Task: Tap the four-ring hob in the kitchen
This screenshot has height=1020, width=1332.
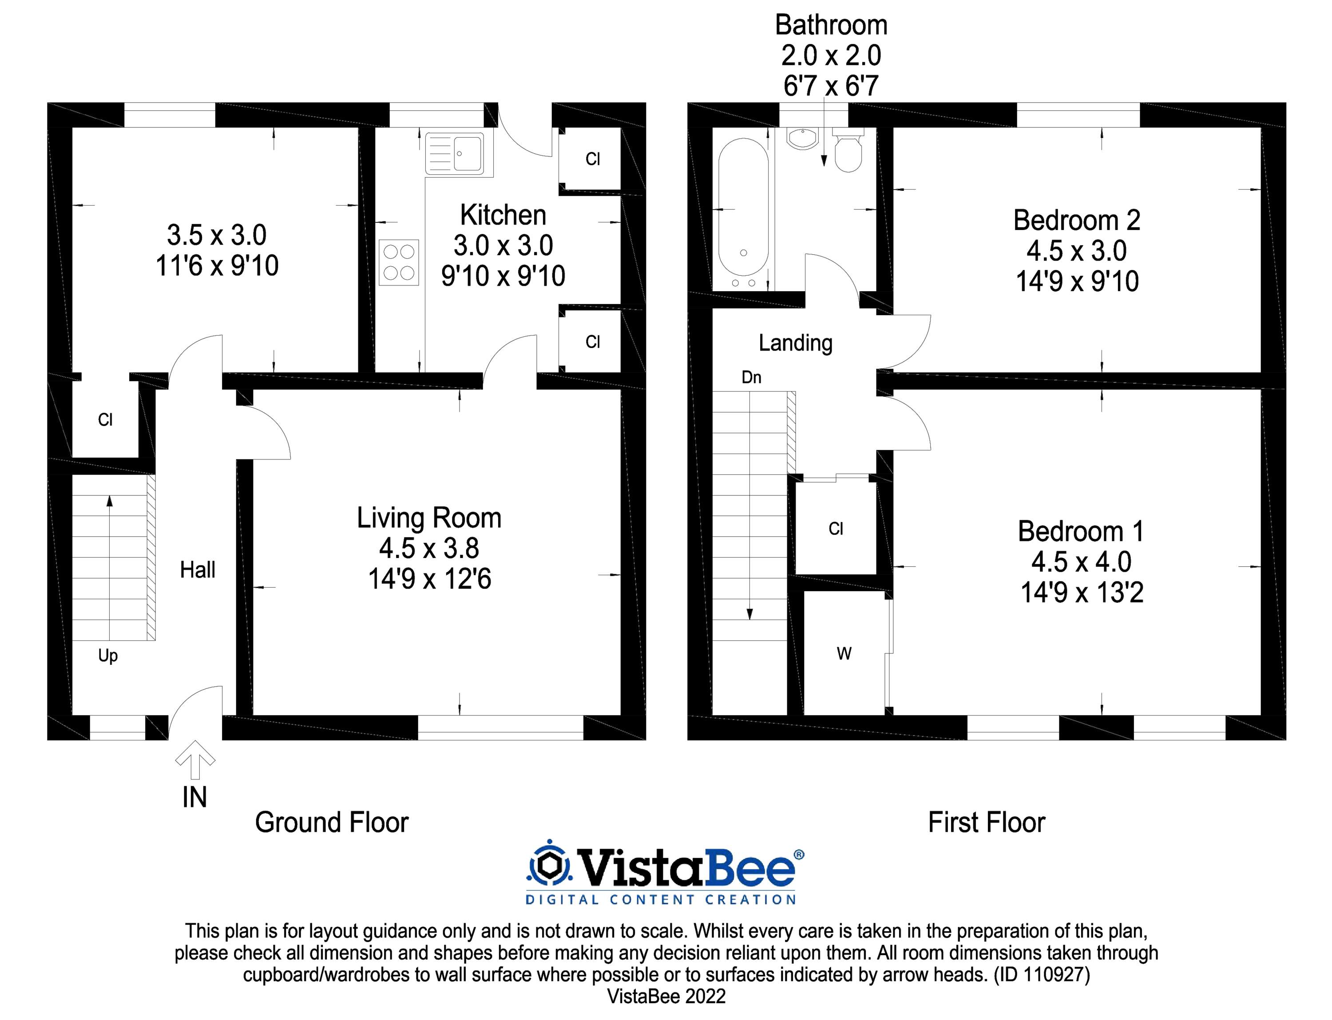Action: click(399, 262)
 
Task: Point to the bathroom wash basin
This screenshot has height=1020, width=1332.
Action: click(802, 138)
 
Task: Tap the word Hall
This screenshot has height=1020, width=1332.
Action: click(198, 570)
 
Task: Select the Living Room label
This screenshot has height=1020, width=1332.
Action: click(429, 518)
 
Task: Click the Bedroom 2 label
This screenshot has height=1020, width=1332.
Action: click(1076, 221)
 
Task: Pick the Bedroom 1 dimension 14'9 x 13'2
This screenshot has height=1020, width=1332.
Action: click(1082, 593)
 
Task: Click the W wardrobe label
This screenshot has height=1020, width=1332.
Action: click(844, 654)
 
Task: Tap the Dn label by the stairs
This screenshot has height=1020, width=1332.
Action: click(751, 378)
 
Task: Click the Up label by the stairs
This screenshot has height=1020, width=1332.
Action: click(108, 656)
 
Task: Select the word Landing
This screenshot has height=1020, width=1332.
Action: click(795, 343)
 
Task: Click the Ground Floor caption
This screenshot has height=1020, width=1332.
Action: click(332, 822)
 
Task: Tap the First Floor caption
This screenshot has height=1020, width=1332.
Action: click(987, 822)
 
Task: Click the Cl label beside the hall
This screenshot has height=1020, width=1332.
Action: click(105, 419)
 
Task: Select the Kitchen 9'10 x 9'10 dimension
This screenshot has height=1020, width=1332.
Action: click(503, 276)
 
